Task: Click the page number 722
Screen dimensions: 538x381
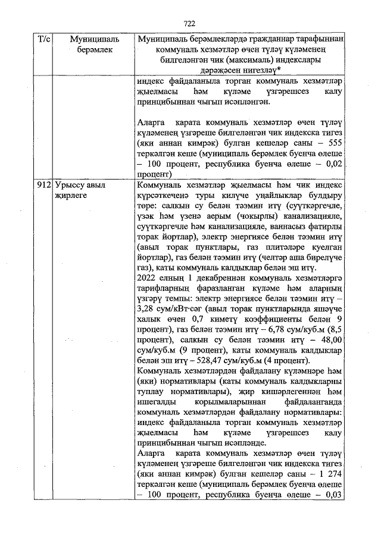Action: [189, 23]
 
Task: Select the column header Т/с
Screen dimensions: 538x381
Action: [43, 39]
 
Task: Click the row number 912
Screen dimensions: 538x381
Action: [43, 185]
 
